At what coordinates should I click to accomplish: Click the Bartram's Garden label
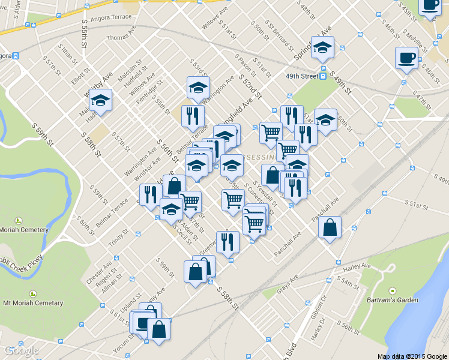393,299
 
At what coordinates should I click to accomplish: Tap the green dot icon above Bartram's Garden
393,290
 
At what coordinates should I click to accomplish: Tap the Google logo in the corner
21,350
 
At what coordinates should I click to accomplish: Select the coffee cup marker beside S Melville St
406,58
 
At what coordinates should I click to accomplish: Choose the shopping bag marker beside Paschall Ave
330,228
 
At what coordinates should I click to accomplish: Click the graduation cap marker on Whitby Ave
100,101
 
